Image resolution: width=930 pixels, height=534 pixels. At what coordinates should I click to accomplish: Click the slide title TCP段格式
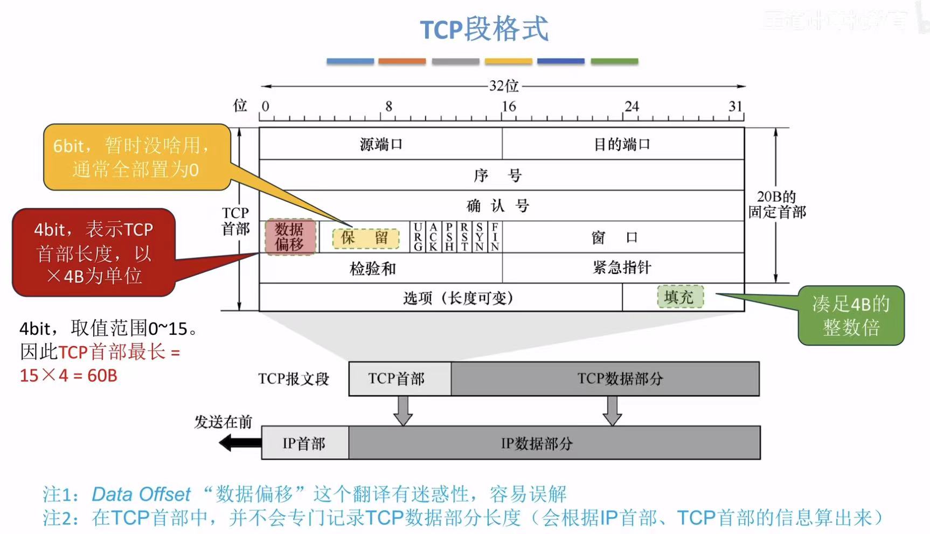tap(484, 29)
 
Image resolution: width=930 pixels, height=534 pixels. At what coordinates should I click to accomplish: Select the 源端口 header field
tap(380, 144)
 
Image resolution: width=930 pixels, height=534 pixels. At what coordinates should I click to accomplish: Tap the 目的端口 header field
tap(622, 144)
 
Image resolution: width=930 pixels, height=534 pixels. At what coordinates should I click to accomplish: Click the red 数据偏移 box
tap(290, 237)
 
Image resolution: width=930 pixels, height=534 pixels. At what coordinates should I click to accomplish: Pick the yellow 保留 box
tap(365, 238)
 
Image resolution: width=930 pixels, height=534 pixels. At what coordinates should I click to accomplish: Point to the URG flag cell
tap(418, 237)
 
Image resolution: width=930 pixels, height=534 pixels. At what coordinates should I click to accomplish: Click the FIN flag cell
tap(495, 237)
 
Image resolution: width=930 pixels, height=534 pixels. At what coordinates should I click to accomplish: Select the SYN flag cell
tap(480, 237)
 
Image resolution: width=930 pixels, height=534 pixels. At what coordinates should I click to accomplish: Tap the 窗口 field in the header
tap(614, 237)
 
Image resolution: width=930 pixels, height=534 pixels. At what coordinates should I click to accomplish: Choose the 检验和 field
tap(372, 268)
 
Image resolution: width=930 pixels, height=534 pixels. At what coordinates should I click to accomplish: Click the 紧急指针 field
tap(622, 267)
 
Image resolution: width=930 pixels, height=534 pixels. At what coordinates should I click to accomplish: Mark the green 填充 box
tap(680, 297)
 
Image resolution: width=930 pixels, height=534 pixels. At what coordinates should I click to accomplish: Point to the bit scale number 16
tap(509, 107)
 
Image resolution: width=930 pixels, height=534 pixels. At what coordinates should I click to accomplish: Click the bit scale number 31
tap(735, 107)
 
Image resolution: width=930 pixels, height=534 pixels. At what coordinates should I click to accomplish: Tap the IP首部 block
tap(304, 443)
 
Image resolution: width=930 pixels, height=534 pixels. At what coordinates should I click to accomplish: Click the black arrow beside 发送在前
tap(240, 443)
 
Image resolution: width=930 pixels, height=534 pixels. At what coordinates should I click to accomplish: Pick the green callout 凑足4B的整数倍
tap(851, 315)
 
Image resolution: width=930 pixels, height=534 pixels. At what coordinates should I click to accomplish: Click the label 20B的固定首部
tap(777, 204)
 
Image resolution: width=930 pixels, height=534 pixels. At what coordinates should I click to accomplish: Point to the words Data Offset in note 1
tap(141, 494)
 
